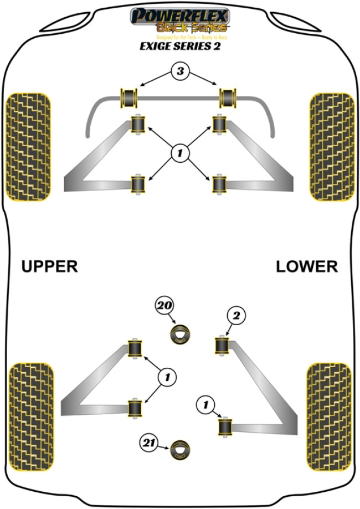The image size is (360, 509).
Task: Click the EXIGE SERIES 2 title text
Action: (x=179, y=47)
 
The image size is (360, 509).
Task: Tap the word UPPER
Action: (x=50, y=266)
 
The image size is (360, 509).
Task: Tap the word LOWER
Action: (x=307, y=266)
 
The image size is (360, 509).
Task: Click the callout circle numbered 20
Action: (x=164, y=305)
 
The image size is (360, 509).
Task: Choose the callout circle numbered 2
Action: (x=236, y=316)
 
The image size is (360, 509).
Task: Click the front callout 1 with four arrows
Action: (x=180, y=153)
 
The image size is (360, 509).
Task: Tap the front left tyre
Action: (x=28, y=146)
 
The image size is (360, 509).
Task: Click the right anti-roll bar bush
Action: (x=228, y=97)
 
